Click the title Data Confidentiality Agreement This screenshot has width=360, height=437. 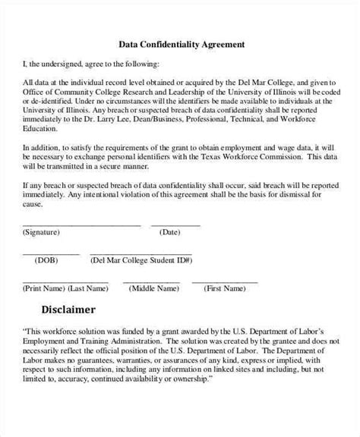coord(182,44)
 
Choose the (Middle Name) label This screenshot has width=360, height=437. coord(153,288)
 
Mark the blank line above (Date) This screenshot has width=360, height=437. coord(175,225)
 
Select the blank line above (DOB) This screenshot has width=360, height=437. coord(50,253)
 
